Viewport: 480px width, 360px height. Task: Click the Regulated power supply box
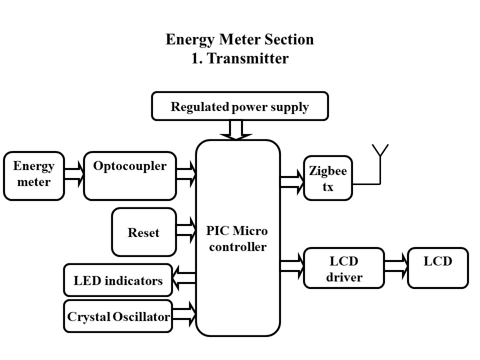click(x=240, y=106)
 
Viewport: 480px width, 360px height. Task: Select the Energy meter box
click(x=34, y=176)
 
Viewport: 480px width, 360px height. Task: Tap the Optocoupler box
click(x=130, y=176)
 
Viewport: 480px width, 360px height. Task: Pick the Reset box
click(x=144, y=232)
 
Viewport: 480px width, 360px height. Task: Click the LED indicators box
click(x=118, y=280)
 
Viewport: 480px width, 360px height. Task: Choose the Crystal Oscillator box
click(x=118, y=316)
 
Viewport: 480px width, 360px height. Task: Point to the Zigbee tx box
click(x=328, y=178)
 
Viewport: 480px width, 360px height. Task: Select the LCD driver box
click(x=344, y=268)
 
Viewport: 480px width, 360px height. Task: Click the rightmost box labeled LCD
click(x=438, y=268)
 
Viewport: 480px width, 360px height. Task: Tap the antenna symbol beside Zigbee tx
click(x=380, y=155)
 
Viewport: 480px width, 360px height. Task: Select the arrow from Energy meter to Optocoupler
click(x=74, y=176)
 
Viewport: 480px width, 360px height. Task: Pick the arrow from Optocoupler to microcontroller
click(x=186, y=173)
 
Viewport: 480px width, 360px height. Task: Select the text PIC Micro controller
click(x=237, y=239)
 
